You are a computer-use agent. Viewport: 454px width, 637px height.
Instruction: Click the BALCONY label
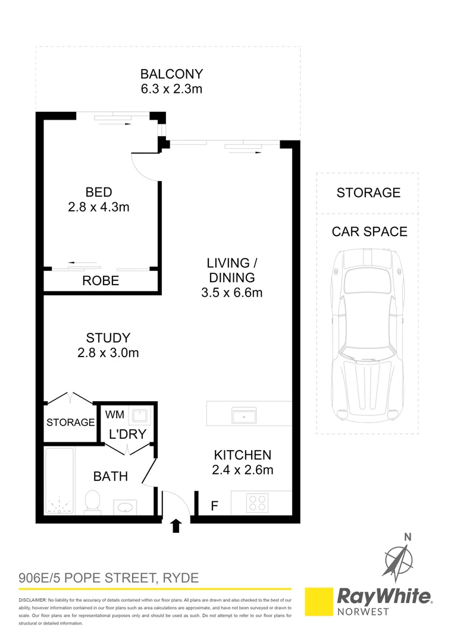171,74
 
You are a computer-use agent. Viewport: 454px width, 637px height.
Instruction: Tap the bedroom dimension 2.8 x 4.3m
99,208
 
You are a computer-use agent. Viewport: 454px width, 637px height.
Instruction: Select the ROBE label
101,281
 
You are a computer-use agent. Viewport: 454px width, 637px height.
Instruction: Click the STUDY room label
108,338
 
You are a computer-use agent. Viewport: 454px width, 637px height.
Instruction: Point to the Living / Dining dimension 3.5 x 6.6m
232,292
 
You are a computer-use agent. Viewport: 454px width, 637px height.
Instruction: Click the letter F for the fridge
214,507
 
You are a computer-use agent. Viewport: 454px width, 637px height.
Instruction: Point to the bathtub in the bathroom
60,481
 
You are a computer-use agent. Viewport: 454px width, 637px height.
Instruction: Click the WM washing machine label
115,414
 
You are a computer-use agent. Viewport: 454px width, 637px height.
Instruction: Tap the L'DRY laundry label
127,435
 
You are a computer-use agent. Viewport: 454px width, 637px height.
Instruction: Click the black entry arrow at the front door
176,526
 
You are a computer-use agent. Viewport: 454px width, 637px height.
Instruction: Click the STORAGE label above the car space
368,193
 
